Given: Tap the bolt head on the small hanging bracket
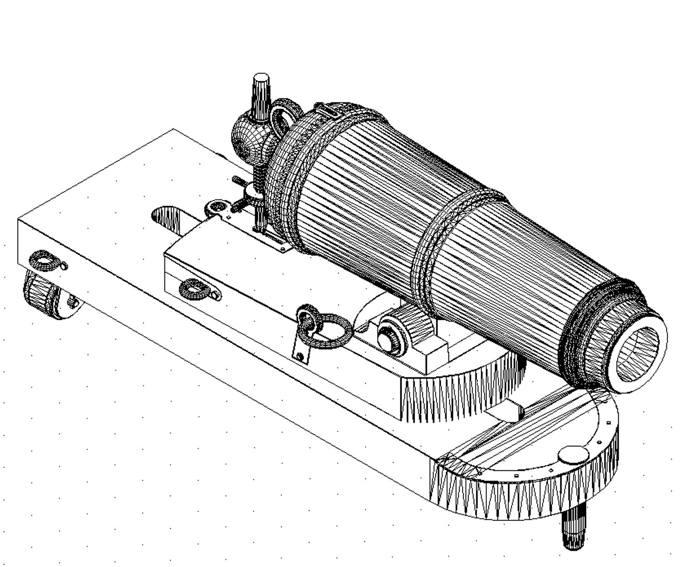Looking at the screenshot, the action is coord(300,356).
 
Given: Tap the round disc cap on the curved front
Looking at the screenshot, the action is coord(573,454).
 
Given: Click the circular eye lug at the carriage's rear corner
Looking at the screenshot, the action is coord(215,208).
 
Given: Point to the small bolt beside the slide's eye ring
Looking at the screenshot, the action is coord(64,266).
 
